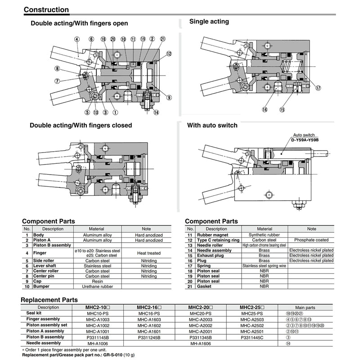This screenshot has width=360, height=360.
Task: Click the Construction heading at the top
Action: (46, 9)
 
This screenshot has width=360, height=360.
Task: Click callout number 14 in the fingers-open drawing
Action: (156, 112)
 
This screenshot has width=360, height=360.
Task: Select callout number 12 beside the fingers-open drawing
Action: (169, 54)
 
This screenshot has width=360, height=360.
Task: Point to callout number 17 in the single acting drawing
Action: (318, 88)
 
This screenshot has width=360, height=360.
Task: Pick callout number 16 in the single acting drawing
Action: (265, 109)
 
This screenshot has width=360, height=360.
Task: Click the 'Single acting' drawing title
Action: (209, 21)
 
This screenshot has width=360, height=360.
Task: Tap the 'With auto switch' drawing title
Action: (212, 125)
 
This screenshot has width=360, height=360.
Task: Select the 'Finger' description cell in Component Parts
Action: (41, 253)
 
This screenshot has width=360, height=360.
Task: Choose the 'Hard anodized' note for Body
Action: (149, 235)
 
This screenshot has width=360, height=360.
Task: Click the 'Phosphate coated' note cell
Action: (311, 240)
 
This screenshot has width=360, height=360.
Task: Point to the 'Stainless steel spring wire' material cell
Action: (264, 265)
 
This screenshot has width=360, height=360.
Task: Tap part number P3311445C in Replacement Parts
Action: (252, 337)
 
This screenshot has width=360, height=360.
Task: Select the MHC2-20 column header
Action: (200, 307)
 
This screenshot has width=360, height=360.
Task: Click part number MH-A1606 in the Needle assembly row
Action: (201, 343)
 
